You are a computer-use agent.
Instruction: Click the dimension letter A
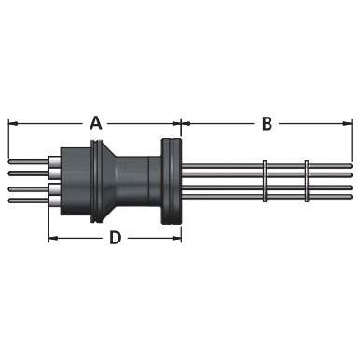(x=96, y=123)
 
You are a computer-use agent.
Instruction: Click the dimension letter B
(x=267, y=123)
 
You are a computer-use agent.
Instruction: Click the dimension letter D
(x=116, y=238)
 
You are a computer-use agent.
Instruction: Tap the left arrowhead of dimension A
(x=12, y=123)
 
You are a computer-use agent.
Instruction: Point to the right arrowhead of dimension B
(x=348, y=123)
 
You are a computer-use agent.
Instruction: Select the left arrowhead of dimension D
(x=53, y=239)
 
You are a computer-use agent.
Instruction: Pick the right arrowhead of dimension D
(x=177, y=239)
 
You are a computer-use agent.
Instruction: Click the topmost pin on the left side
(x=28, y=162)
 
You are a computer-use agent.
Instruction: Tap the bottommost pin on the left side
(x=28, y=201)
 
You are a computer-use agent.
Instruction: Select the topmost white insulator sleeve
(x=54, y=162)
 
